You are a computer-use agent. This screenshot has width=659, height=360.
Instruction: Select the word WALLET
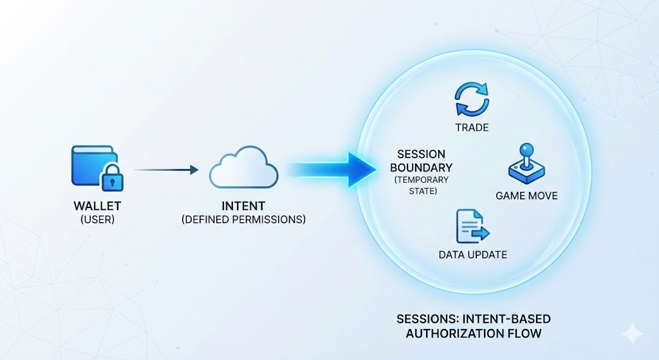pos(98,206)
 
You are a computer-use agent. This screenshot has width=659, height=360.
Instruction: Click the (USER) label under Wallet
pos(98,220)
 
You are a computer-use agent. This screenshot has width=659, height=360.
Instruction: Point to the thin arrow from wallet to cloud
pos(166,170)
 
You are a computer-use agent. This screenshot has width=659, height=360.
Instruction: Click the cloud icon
pos(244,167)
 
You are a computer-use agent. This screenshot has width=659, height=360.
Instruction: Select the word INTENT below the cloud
pos(243,206)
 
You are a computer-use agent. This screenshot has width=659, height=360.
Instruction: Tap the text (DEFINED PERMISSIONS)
pos(243,220)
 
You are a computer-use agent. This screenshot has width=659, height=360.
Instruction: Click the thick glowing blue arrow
pos(332,170)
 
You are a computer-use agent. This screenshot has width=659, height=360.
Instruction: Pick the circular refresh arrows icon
pos(472,99)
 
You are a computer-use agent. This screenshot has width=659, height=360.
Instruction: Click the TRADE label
pos(472,128)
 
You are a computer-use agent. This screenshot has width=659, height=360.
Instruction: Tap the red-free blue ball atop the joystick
pos(526,149)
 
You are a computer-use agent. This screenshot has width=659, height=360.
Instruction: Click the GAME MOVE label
pos(526,196)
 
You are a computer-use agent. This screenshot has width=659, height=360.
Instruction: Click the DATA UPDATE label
pos(473,254)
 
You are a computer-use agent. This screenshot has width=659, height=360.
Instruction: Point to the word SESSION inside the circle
pos(421,154)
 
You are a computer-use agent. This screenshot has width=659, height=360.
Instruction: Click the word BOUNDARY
pos(421,167)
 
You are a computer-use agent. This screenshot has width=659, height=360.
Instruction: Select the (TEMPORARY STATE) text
pos(422,185)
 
